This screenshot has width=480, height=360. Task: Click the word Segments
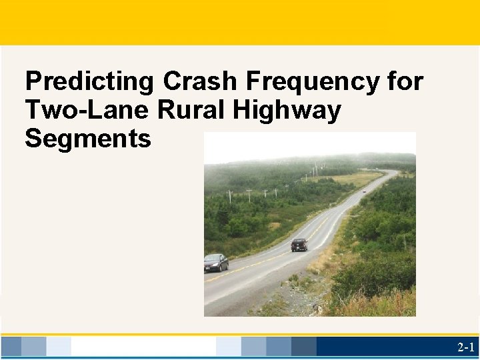click(88, 139)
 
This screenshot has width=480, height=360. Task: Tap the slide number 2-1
click(465, 347)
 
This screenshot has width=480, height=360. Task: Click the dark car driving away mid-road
click(299, 245)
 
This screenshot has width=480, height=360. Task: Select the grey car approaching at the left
click(215, 262)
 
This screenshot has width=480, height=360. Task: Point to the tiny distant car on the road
click(363, 191)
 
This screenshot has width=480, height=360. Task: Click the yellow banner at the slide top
click(240, 22)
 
